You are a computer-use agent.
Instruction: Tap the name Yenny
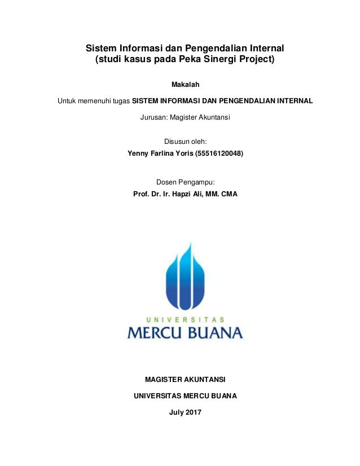pyautogui.click(x=140, y=152)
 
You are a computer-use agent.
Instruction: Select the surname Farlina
pyautogui.click(x=166, y=152)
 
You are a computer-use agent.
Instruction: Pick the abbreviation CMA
pyautogui.click(x=229, y=194)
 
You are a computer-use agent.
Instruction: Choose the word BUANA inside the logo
pyautogui.click(x=215, y=331)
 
